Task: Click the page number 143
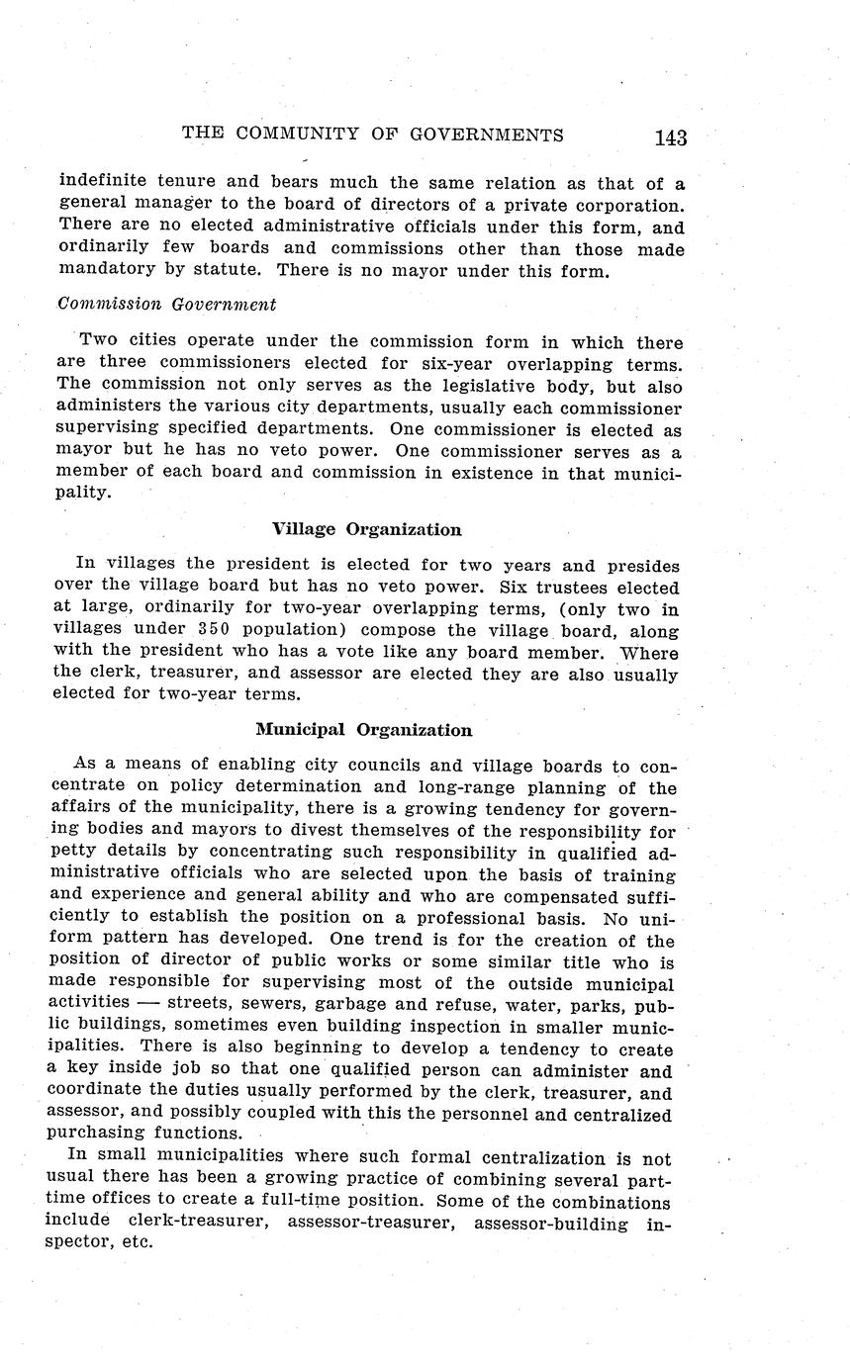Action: (x=669, y=138)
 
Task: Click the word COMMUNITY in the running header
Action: (x=315, y=136)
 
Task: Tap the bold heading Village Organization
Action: (x=366, y=529)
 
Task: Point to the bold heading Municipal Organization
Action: (x=363, y=730)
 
